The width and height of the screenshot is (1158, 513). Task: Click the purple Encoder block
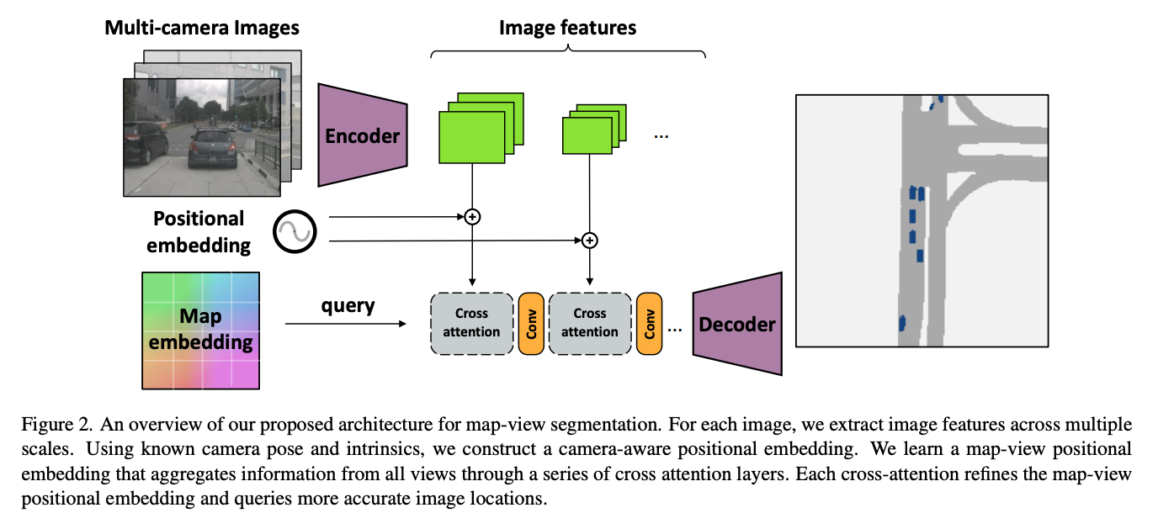(x=362, y=135)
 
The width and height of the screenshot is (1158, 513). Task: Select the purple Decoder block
(x=736, y=324)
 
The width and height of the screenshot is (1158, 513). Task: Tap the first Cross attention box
(x=471, y=323)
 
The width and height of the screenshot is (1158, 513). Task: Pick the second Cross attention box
(x=589, y=323)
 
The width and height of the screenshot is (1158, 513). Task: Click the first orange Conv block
(x=531, y=323)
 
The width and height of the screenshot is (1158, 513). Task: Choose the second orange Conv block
(x=649, y=323)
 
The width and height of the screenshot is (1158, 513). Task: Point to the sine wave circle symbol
(x=294, y=230)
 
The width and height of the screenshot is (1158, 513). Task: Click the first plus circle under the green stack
(x=472, y=217)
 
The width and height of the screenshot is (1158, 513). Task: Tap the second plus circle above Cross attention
(x=590, y=241)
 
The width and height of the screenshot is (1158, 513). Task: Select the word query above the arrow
(x=348, y=305)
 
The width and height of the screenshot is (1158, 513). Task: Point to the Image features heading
(x=567, y=28)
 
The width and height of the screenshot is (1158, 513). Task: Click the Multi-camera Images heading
(x=202, y=28)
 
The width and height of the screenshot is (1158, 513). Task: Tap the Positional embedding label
(x=199, y=232)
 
